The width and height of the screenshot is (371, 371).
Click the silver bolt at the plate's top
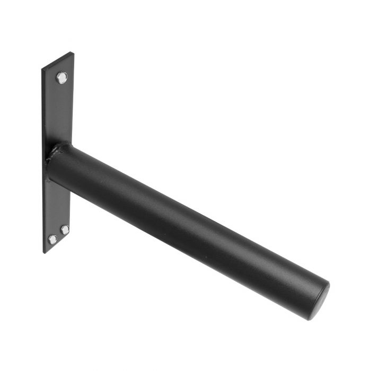pyautogui.click(x=62, y=78)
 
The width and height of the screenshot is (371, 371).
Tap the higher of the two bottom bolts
pyautogui.click(x=65, y=229)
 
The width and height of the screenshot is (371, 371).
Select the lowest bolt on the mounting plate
pyautogui.click(x=52, y=240)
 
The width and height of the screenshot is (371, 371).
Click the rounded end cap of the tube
pyautogui.click(x=320, y=301)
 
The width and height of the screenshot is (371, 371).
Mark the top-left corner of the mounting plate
pyautogui.click(x=42, y=68)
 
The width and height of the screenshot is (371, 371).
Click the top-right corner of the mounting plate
pyautogui.click(x=73, y=52)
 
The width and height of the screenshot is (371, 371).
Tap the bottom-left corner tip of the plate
pyautogui.click(x=44, y=253)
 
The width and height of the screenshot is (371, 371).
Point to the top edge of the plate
pyautogui.click(x=57, y=60)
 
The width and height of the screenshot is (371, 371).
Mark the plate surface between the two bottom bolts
pyautogui.click(x=59, y=234)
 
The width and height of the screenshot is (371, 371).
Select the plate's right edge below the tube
pyautogui.click(x=70, y=212)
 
